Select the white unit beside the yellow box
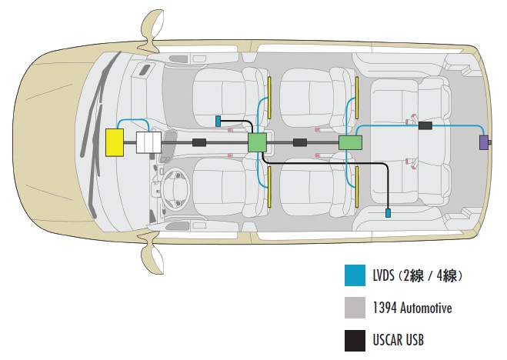[x=148, y=143]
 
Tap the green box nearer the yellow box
[x=257, y=142]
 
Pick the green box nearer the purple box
[x=350, y=142]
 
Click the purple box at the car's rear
[x=484, y=142]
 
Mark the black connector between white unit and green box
[x=199, y=142]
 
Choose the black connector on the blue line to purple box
[x=425, y=125]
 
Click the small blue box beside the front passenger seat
[x=218, y=121]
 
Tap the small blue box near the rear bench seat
[x=389, y=212]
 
